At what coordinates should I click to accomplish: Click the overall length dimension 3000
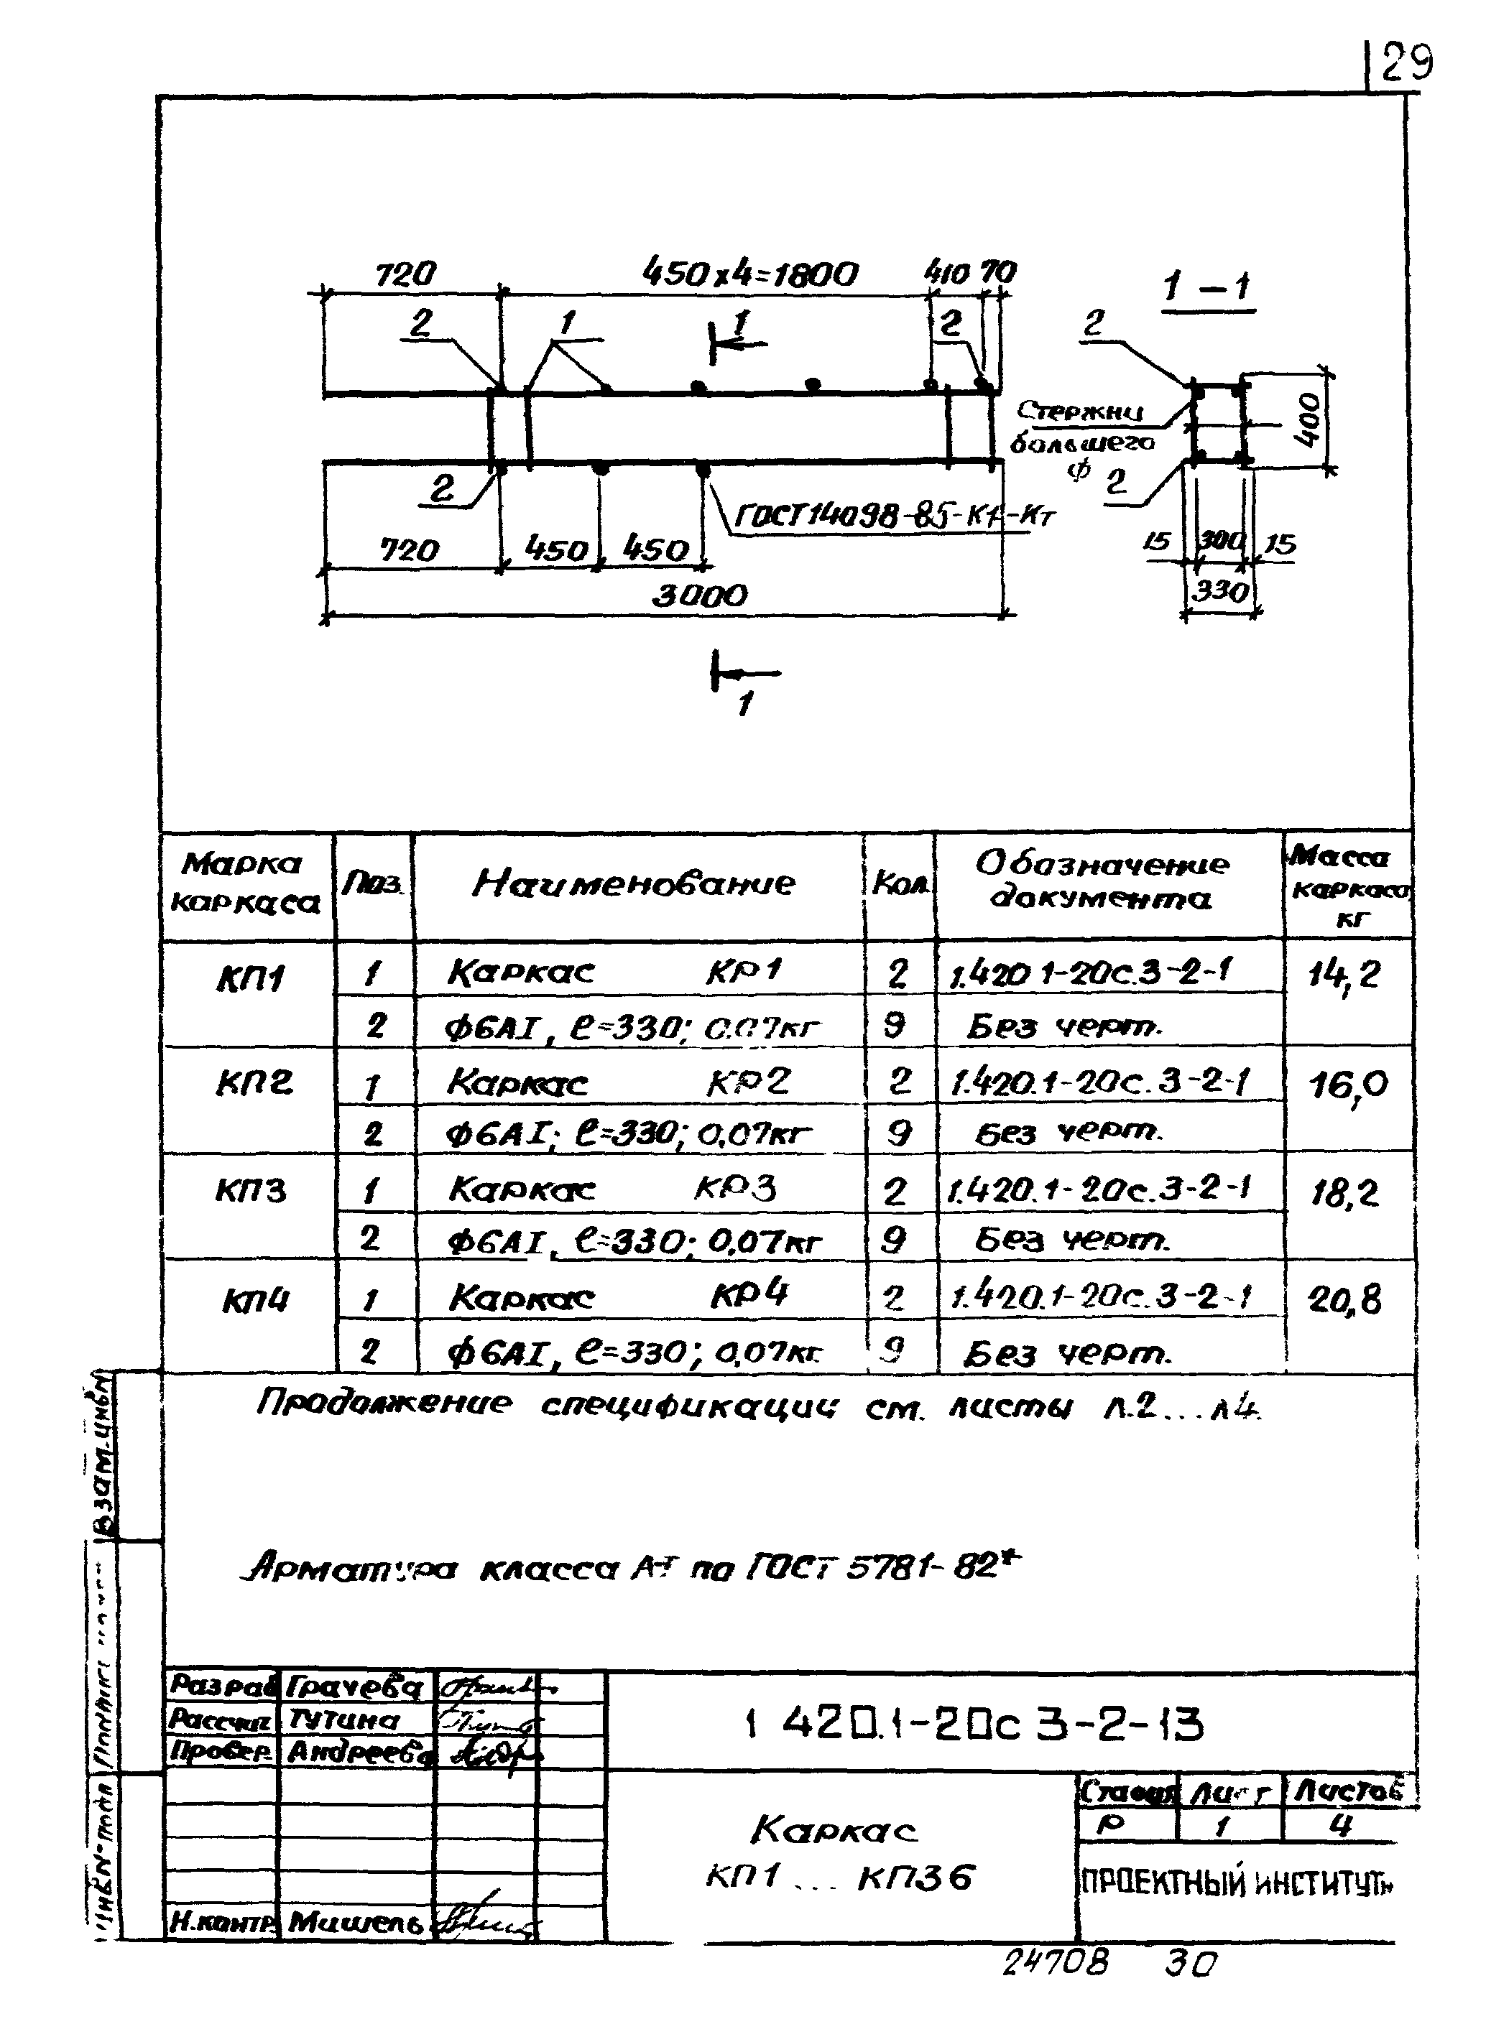click(699, 596)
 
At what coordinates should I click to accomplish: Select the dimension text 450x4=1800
click(749, 274)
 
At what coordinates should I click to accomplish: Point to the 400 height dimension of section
click(1309, 420)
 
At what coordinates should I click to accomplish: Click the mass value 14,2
click(1344, 976)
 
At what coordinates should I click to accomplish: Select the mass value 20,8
click(1344, 1300)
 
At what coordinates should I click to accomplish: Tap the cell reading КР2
click(747, 1081)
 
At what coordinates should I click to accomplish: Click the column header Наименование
click(634, 883)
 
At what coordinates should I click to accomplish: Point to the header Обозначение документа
click(1102, 881)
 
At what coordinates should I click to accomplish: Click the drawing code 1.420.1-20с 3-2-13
click(975, 1725)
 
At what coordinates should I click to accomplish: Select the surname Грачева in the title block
click(356, 1686)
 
